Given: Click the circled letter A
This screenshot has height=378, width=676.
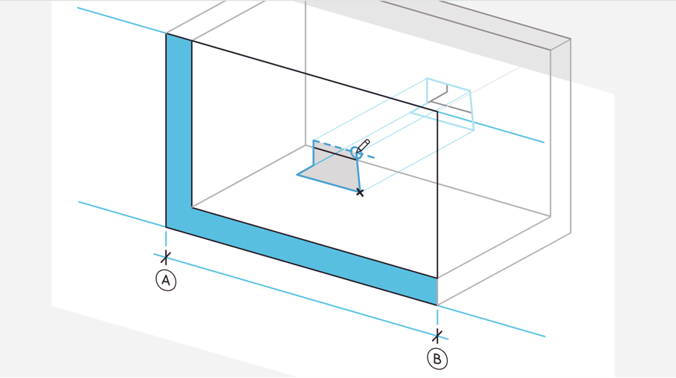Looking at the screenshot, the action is [x=166, y=280].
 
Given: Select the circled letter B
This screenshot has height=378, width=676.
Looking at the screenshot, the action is [x=437, y=359].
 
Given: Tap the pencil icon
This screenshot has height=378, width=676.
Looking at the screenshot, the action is [x=363, y=146].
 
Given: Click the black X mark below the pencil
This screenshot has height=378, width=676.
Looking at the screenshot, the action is [x=360, y=192].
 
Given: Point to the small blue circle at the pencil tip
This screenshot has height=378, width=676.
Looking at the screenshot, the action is [x=355, y=152].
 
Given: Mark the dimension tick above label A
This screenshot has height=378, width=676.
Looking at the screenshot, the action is [x=166, y=257].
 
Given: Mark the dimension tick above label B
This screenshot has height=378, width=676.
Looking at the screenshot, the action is [x=437, y=336].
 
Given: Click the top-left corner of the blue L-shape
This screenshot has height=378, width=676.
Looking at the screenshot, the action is [x=167, y=34].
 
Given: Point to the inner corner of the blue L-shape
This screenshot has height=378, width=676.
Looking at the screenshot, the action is [x=192, y=208].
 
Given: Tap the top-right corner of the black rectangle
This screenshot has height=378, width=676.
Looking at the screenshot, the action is [x=437, y=111].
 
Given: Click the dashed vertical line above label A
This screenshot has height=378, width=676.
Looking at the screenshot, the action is [x=166, y=238].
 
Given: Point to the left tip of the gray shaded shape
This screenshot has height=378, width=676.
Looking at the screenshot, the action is [x=297, y=175].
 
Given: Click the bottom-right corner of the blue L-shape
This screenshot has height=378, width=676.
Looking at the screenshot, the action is [x=437, y=304].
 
